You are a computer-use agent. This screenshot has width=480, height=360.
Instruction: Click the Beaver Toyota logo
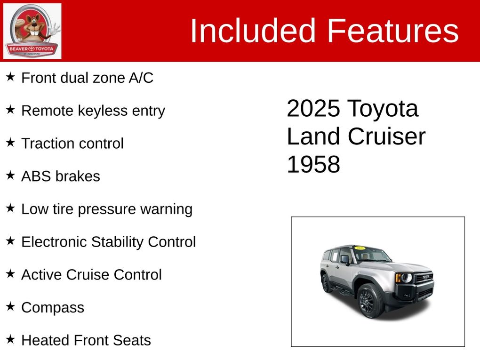coord(32,31)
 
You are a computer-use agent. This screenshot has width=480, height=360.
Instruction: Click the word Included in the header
coord(253,31)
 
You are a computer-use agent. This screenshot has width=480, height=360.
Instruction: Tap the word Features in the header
coord(393,31)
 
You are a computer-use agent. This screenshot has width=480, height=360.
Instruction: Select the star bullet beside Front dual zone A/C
coord(10,77)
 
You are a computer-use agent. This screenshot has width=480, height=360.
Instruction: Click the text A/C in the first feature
coord(141,78)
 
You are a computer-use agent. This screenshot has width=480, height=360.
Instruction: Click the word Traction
coord(45,143)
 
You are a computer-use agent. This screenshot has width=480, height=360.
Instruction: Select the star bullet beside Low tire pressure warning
coord(10,208)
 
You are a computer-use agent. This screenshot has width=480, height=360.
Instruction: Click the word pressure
coord(107,210)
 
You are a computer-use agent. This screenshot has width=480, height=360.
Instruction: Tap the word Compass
coord(53,308)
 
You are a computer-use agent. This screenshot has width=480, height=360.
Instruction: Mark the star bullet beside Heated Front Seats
coord(10,339)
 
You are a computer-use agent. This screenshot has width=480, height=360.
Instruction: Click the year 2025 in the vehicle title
coord(313,108)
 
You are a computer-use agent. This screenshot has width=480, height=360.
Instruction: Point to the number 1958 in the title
coord(313,164)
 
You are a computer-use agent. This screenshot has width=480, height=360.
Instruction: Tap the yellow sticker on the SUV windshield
coord(360,248)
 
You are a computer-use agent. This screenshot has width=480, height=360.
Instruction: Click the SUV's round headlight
coord(406,278)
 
